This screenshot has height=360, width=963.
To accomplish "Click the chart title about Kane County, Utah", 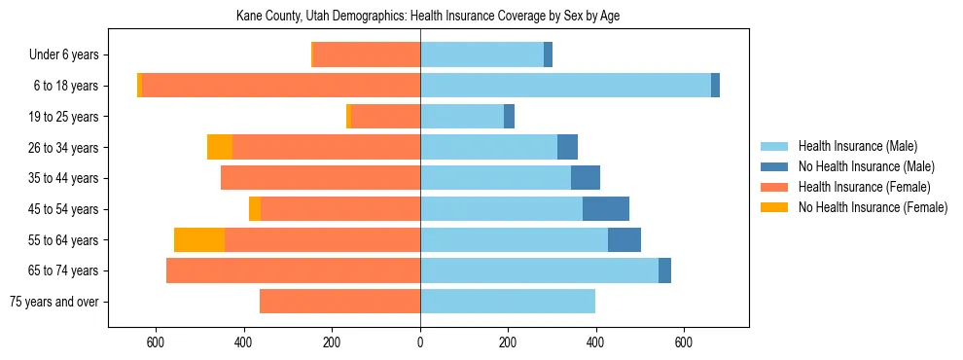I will (428, 17).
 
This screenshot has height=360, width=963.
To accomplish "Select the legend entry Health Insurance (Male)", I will (854, 146).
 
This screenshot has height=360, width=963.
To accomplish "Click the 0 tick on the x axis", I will (420, 342).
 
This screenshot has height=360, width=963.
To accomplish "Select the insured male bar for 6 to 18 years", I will (565, 86).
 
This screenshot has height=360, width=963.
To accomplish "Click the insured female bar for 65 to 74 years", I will (293, 270).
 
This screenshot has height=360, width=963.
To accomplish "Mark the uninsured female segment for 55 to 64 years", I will (199, 239).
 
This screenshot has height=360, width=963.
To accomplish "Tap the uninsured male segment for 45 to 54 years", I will (606, 209).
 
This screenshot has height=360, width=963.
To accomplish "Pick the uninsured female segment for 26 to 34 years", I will (220, 147).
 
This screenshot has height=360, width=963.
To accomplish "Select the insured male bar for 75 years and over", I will (508, 302).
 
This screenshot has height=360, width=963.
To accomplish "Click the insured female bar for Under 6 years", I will (368, 54).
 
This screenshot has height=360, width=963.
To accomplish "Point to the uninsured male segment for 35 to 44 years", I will (586, 178).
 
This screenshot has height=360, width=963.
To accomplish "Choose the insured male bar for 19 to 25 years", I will (462, 117).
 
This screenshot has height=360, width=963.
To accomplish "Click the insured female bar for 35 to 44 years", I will (321, 178).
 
